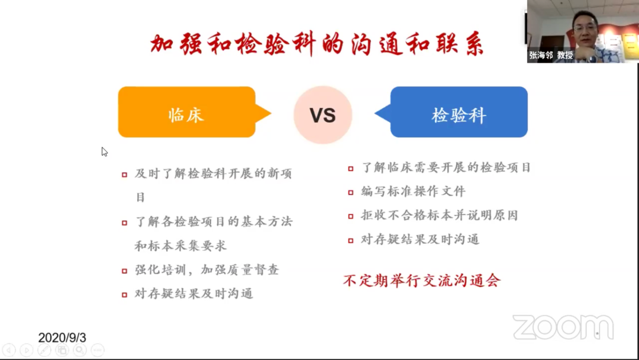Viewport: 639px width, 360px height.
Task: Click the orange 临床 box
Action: point(187,112)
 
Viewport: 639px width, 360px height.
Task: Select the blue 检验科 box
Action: point(459,112)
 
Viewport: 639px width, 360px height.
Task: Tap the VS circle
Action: point(323,115)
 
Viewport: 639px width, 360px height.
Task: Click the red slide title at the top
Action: point(317,44)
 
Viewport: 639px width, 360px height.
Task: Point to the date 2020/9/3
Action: point(62,337)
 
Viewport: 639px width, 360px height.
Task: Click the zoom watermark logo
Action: point(563,327)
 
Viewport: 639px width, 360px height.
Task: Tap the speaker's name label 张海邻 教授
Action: point(551,55)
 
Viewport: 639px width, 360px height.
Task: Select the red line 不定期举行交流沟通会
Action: point(422,281)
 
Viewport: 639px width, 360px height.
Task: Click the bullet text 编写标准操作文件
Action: point(413,191)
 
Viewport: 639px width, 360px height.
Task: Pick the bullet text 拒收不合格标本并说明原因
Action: point(439,216)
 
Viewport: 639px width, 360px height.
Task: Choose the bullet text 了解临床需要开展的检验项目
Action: point(446,167)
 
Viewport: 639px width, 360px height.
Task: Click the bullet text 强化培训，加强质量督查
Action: point(207,269)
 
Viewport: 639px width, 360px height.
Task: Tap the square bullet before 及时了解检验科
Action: point(125,175)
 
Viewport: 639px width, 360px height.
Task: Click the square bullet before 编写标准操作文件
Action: point(351,192)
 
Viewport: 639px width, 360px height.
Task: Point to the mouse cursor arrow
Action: point(104,152)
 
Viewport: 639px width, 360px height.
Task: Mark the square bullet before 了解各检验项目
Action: point(125,223)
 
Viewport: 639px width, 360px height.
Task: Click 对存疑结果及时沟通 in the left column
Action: point(194,294)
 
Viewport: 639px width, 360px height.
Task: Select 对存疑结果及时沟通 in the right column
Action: point(420,239)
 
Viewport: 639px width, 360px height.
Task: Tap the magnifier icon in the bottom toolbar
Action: point(80,350)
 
